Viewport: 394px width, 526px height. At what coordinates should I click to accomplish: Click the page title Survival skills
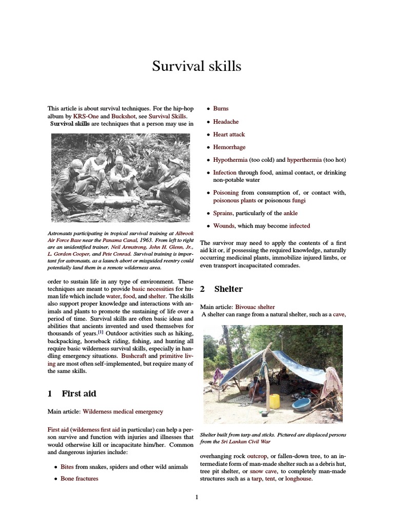(196, 66)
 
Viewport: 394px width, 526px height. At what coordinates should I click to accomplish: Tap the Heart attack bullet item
(229, 135)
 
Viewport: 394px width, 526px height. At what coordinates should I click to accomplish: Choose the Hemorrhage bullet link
(229, 147)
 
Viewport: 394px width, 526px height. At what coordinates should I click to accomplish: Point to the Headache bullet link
(226, 122)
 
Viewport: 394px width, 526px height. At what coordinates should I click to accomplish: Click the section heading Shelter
(228, 289)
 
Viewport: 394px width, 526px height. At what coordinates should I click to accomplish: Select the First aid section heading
(79, 394)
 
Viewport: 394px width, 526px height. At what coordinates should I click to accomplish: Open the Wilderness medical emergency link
(123, 411)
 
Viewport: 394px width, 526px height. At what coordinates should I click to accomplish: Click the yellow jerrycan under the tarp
(275, 401)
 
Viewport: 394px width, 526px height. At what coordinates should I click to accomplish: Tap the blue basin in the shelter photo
(301, 404)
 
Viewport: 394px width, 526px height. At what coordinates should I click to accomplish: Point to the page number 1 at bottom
(196, 497)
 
